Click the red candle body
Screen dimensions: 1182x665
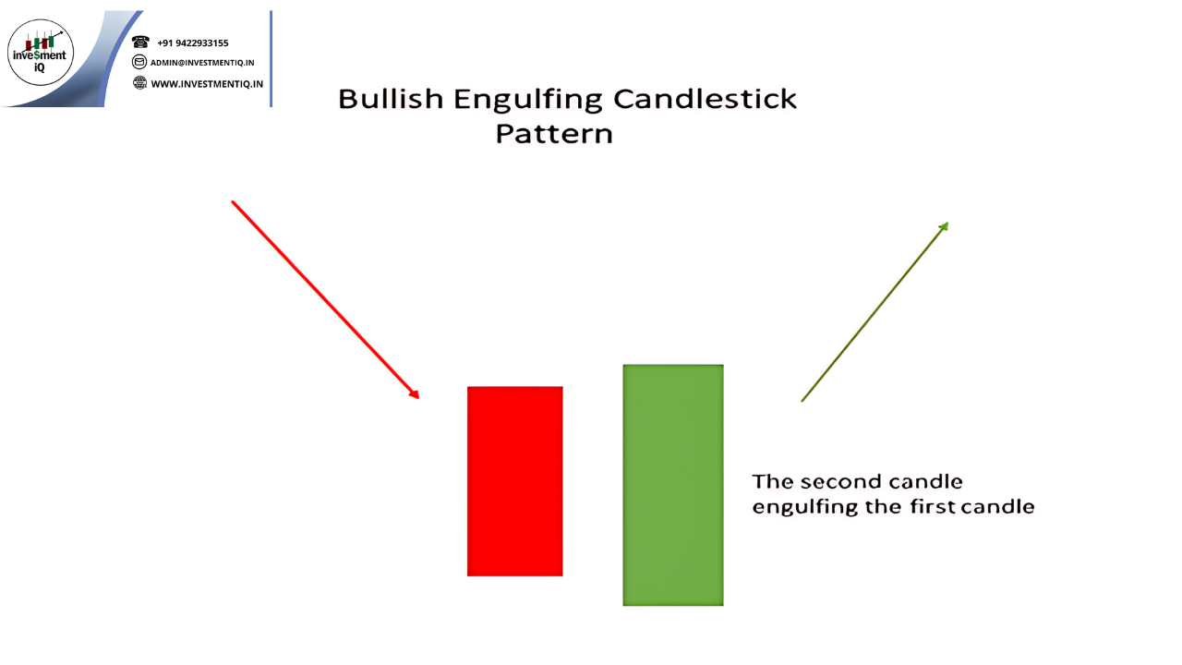point(514,481)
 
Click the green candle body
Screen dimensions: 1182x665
point(673,485)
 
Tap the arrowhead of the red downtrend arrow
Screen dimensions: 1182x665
point(415,393)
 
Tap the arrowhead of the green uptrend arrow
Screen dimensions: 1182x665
point(944,227)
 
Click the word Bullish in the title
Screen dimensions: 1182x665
point(391,99)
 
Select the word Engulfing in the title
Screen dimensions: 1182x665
point(527,101)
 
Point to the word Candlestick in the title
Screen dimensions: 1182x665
point(705,99)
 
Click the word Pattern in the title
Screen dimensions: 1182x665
point(554,134)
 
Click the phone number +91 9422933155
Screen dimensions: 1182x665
point(193,42)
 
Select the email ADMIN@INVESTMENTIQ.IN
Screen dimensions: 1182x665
point(202,62)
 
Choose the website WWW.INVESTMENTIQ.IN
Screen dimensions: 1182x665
point(207,84)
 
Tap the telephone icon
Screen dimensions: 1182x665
point(140,42)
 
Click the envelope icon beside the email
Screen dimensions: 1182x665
point(139,62)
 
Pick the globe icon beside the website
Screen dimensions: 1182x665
point(139,82)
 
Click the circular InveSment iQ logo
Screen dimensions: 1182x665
point(41,53)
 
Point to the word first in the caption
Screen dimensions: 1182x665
point(933,506)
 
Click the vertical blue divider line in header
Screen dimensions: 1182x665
point(271,58)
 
